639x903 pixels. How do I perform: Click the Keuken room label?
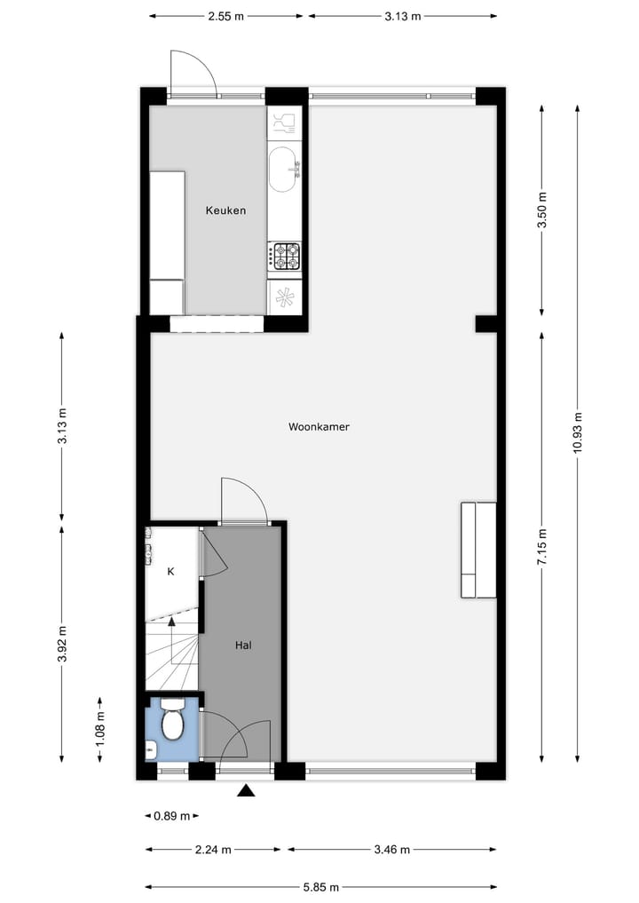point(225,210)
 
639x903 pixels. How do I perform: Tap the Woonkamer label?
point(319,426)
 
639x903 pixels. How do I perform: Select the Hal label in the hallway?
point(243,646)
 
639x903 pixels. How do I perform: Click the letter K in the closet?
point(170,571)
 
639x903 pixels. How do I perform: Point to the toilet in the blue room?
point(172,723)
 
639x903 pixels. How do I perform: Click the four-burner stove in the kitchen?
point(285,256)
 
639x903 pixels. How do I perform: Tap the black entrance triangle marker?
point(246,790)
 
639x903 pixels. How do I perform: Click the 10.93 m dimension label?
point(578,432)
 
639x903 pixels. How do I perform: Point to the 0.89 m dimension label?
point(170,815)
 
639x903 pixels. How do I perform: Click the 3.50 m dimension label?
point(542,210)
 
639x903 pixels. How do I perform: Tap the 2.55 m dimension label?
point(225,16)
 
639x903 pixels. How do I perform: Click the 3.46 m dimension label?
point(391,850)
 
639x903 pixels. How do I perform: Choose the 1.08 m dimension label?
point(99,732)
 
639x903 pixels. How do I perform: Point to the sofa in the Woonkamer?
point(477,550)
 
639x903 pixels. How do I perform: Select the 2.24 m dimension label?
point(213,850)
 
